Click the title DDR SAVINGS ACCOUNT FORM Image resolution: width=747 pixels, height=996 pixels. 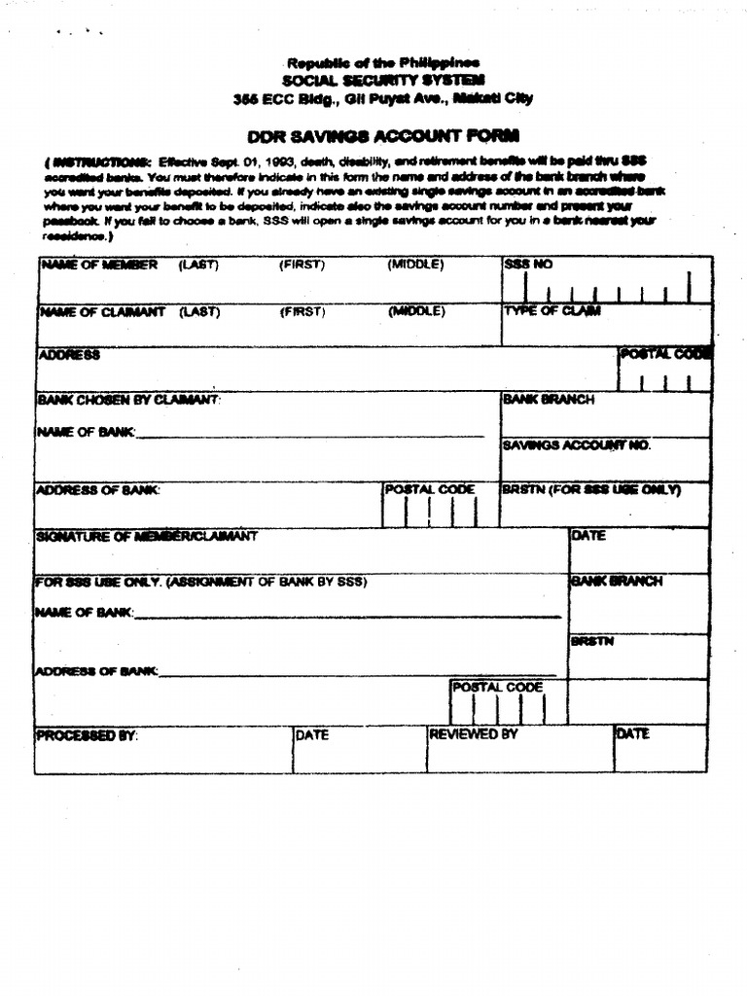[383, 136]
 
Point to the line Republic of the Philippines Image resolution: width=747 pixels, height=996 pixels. [383, 63]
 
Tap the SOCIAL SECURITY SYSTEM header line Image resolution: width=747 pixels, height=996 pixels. [383, 80]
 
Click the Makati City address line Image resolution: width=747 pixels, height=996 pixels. [383, 98]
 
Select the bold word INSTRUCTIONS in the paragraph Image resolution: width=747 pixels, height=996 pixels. [100, 162]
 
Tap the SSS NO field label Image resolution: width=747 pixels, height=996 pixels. [527, 265]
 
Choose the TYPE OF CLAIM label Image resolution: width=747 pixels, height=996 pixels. [551, 311]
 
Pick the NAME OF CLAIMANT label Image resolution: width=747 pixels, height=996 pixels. [101, 312]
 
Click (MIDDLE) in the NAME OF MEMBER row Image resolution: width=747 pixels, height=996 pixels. [415, 265]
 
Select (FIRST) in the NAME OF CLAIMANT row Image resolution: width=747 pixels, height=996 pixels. [302, 312]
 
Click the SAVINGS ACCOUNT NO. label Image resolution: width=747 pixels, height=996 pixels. [576, 445]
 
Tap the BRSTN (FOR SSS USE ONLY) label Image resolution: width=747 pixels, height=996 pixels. [590, 489]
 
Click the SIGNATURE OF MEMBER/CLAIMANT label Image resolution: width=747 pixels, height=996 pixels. [147, 536]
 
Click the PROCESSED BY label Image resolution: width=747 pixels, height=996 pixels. [87, 735]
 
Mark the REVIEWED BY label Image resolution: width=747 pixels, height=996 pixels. [474, 734]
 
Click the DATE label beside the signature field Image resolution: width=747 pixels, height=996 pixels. [588, 536]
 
